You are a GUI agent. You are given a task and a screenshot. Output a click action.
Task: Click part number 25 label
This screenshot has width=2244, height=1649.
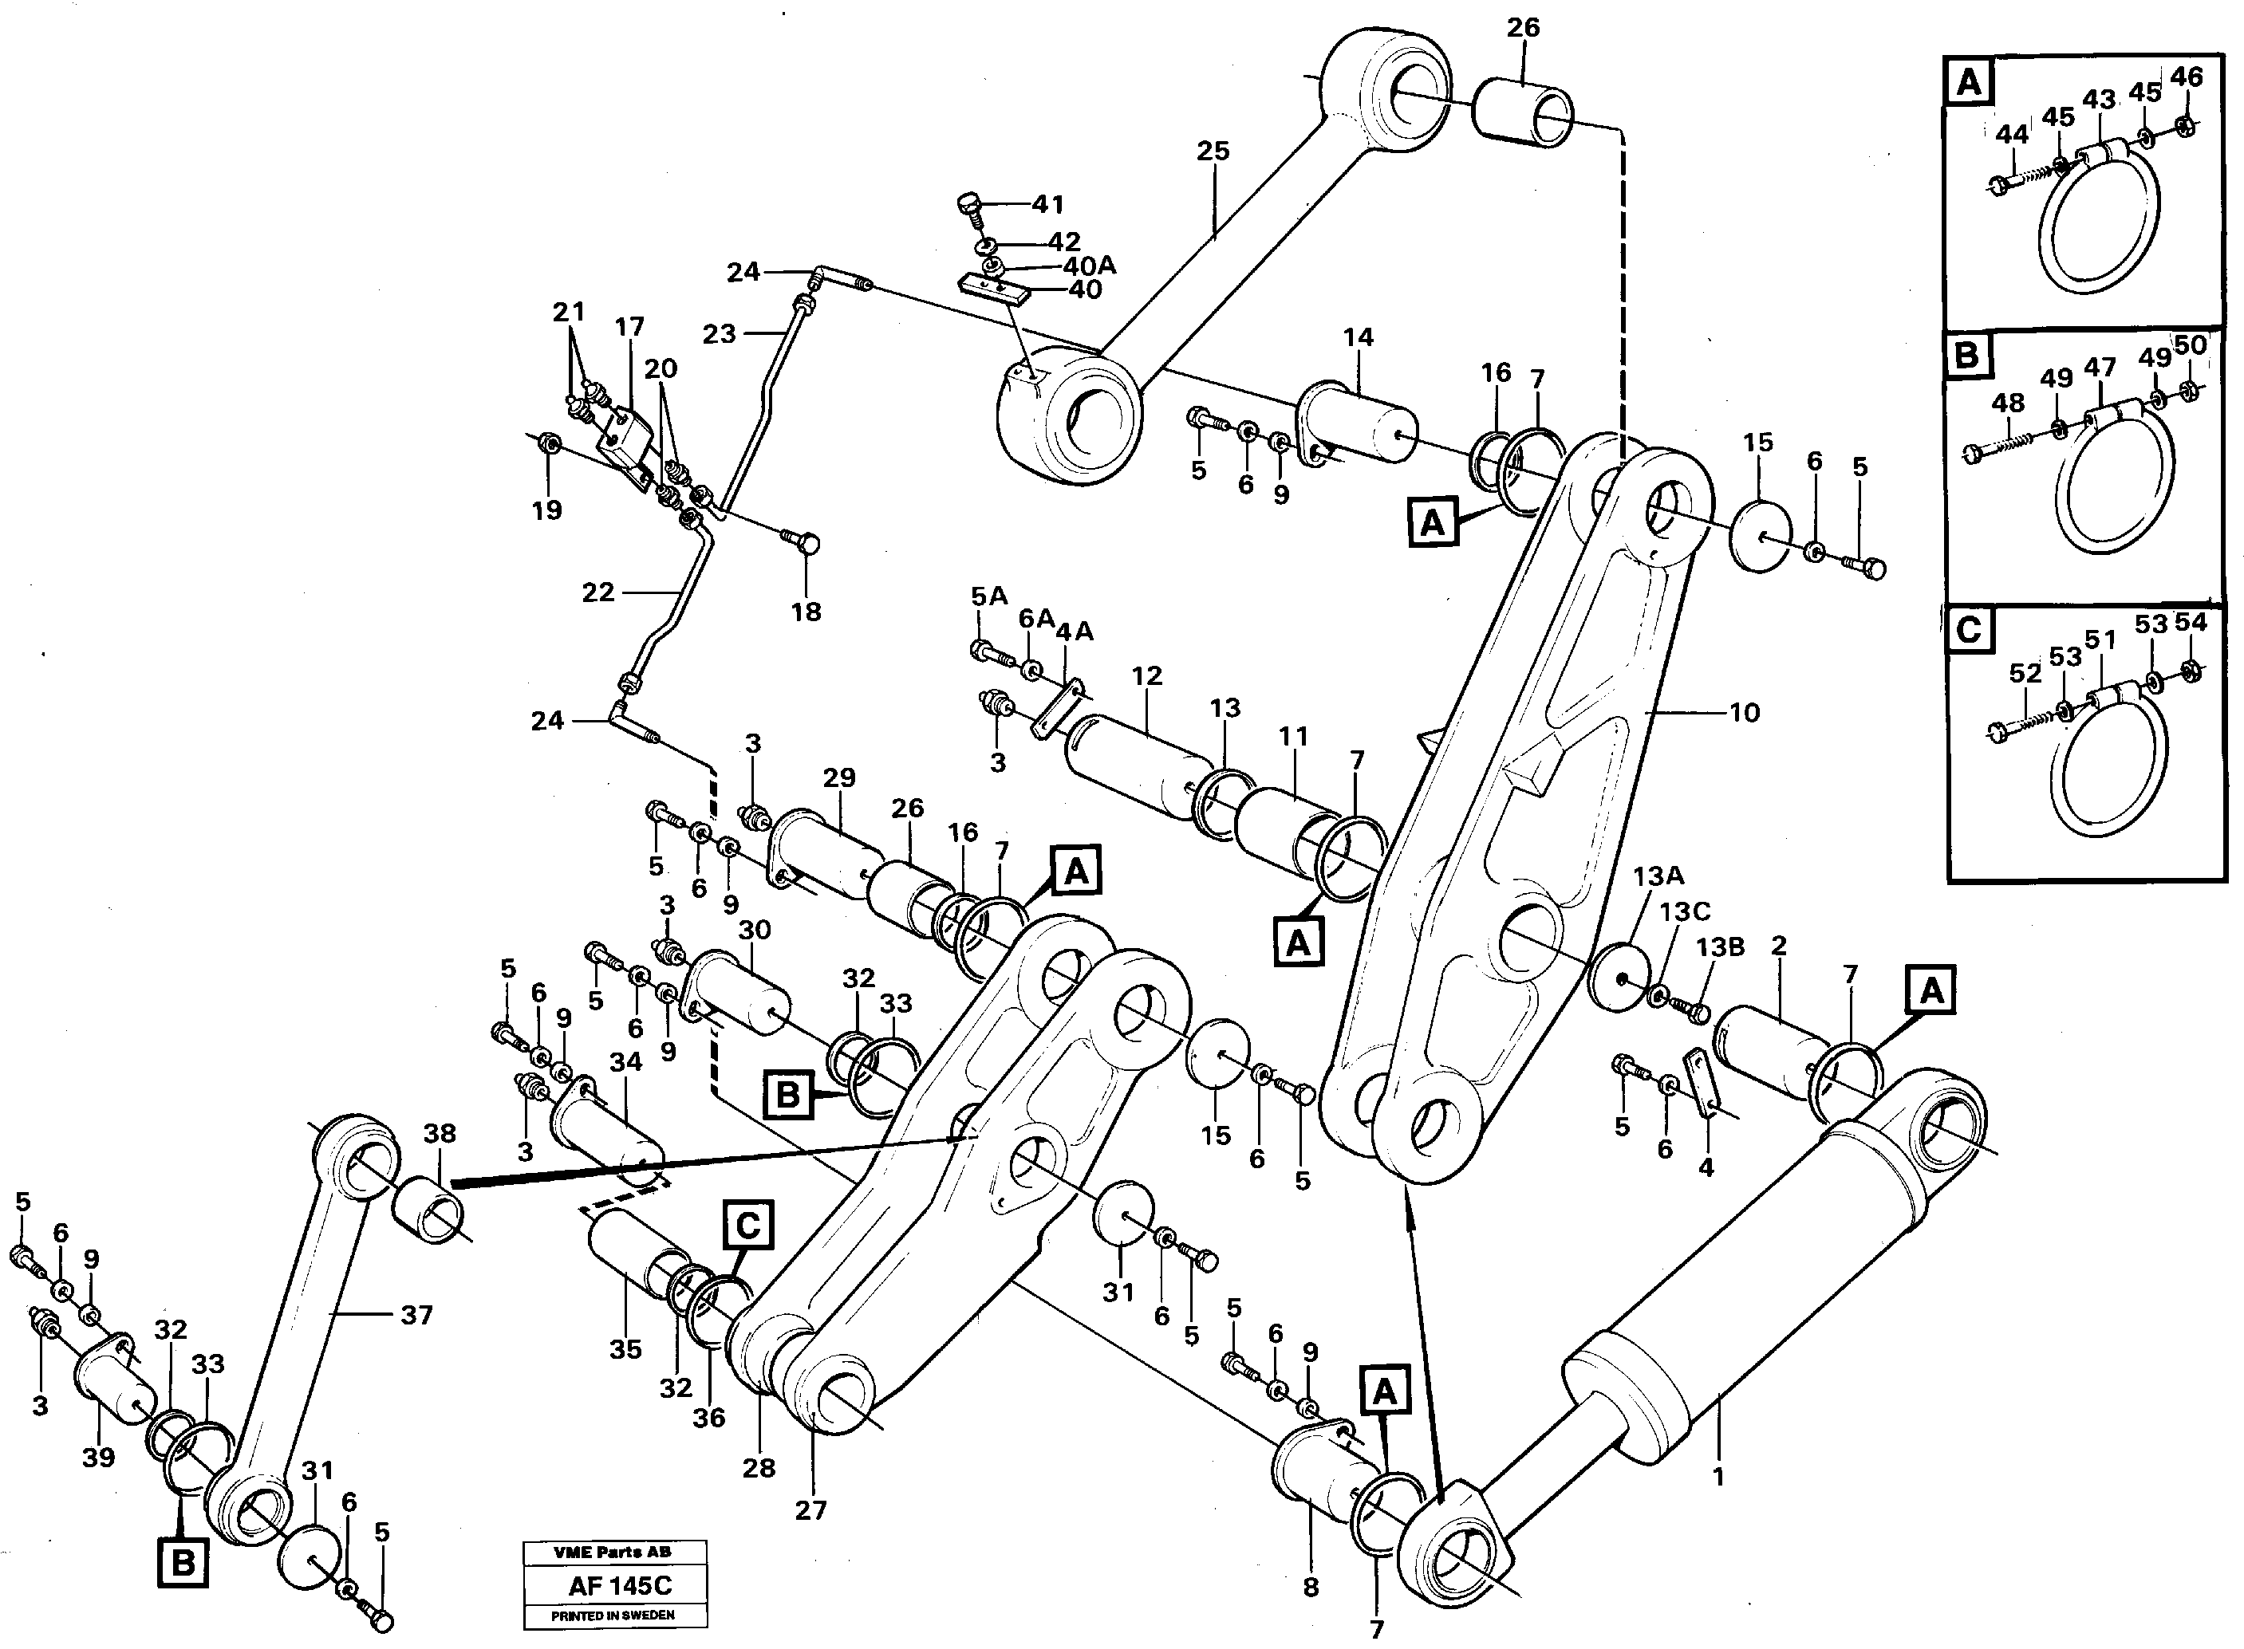[x=1213, y=152]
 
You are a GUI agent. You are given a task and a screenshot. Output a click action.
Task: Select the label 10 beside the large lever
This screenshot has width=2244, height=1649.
[x=1744, y=713]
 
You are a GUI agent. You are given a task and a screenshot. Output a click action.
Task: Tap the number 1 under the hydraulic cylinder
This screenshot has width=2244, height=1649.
[x=1719, y=1476]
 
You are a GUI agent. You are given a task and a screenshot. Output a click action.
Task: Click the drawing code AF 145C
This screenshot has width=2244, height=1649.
[x=620, y=1586]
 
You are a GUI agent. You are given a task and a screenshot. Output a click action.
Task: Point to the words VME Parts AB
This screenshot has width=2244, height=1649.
[x=613, y=1553]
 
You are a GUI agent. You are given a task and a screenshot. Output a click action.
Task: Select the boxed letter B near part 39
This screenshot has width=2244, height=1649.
[x=183, y=1561]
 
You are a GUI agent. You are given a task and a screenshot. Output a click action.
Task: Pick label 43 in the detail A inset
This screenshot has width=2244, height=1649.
[x=2098, y=100]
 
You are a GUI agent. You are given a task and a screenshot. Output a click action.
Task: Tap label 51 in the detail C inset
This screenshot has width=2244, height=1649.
[x=2100, y=640]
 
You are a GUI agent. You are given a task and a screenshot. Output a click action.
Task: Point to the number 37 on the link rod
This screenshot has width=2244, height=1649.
[x=416, y=1316]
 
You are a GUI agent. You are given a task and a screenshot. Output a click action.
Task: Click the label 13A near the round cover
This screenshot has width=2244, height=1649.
[x=1658, y=876]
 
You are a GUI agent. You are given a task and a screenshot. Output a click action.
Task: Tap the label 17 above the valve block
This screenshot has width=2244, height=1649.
[x=629, y=326]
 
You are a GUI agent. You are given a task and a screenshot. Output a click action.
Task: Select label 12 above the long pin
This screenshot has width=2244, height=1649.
[x=1146, y=675]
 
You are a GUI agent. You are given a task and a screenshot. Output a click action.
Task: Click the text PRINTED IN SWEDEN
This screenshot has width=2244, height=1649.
[x=613, y=1615]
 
